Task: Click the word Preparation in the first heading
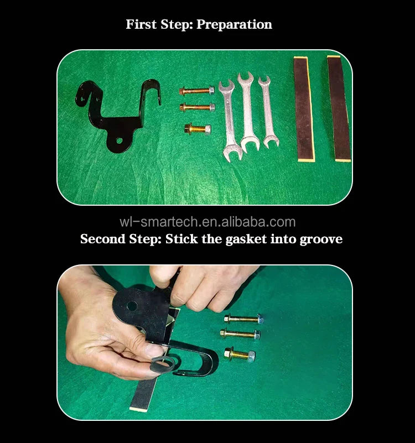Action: click(234, 24)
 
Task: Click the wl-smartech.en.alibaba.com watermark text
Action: click(207, 222)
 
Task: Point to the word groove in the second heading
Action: click(321, 239)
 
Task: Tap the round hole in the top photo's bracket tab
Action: click(120, 140)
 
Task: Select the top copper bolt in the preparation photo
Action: click(197, 91)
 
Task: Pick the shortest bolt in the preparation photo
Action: click(198, 129)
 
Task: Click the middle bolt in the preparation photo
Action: click(198, 107)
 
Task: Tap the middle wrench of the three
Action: click(248, 112)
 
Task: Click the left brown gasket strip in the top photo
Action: click(304, 109)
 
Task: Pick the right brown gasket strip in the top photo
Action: click(339, 108)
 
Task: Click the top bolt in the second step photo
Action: click(243, 319)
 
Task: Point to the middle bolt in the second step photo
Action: click(240, 334)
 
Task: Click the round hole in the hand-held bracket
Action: click(132, 306)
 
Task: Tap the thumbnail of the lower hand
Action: click(155, 350)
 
